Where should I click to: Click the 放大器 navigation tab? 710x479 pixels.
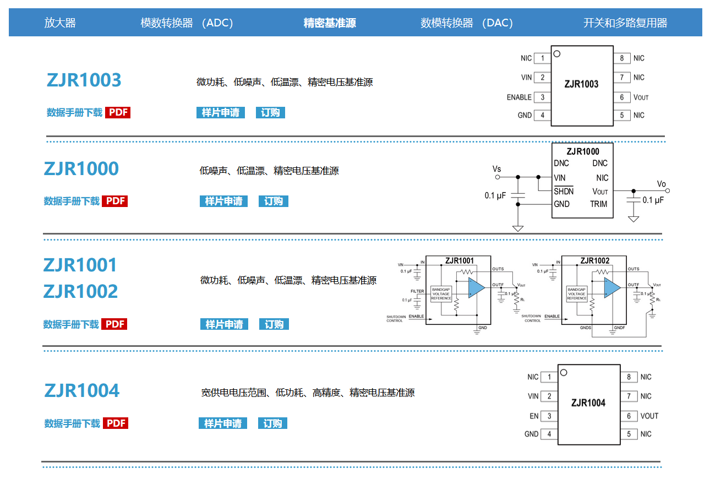(60, 23)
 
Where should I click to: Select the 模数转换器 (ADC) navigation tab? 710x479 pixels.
(187, 23)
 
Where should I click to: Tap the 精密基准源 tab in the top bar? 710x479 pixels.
(330, 23)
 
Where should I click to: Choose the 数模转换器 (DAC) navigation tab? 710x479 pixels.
(467, 23)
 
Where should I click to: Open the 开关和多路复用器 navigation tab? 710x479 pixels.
(625, 23)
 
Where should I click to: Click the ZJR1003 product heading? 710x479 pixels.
(84, 80)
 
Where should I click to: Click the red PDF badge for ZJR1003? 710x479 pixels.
(118, 112)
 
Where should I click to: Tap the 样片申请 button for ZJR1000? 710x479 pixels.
(223, 201)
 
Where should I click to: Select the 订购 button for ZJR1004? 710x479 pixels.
(272, 423)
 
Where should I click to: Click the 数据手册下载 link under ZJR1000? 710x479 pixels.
(72, 201)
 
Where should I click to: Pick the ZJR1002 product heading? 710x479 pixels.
(80, 291)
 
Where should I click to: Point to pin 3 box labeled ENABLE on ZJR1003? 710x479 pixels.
(542, 97)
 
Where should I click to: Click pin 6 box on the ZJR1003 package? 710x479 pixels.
(622, 97)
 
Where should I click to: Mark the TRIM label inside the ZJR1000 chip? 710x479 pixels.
(599, 204)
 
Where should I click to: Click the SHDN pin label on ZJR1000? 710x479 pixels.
(564, 191)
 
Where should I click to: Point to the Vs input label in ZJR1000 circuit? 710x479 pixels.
(496, 169)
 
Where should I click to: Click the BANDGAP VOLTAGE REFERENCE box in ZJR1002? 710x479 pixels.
(577, 294)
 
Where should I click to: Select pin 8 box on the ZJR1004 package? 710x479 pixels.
(629, 377)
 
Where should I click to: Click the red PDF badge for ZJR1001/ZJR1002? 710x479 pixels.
(115, 324)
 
